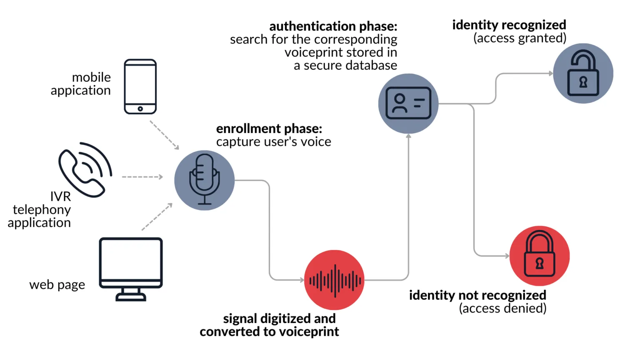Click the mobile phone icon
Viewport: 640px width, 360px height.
coord(140,86)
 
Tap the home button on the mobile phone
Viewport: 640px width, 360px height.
coord(140,109)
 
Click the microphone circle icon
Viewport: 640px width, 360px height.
coord(204,180)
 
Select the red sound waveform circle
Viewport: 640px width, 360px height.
coord(334,280)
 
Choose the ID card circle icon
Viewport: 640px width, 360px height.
coord(408,103)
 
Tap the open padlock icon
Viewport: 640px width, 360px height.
coord(583,73)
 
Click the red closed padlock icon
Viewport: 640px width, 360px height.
coord(540,255)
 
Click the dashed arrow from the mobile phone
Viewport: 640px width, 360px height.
coord(164,135)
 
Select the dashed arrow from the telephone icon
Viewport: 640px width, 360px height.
coord(142,177)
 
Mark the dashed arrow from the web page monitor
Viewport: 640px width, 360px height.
coord(157,217)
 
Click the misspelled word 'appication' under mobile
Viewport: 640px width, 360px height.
coord(80,90)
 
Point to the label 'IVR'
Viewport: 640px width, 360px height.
coord(60,196)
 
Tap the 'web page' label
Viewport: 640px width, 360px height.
coord(57,285)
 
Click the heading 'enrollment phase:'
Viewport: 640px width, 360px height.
coord(269,128)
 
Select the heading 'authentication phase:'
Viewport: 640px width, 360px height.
coord(333,26)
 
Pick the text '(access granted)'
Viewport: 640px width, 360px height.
coord(520,38)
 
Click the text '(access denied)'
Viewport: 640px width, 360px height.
coord(502,308)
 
